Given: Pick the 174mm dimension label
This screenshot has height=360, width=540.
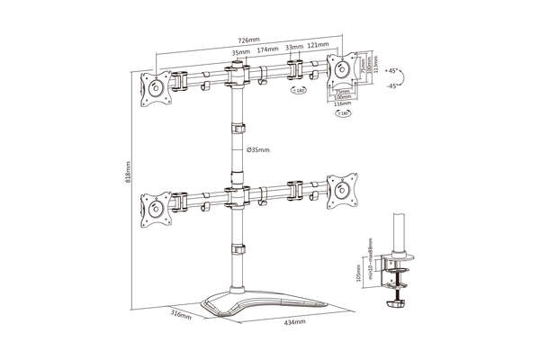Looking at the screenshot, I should point(267,52).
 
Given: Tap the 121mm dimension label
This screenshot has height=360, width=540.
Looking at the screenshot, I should point(317,45).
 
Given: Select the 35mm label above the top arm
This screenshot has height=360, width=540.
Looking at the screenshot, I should point(240,53).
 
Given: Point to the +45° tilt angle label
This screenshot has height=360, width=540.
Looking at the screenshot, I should point(391,69).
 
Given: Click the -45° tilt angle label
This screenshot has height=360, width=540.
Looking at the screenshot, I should point(391,85).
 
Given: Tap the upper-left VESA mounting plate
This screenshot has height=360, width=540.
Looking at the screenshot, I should point(156,86).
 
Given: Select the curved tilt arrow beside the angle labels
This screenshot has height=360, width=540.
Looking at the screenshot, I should point(408,78).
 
